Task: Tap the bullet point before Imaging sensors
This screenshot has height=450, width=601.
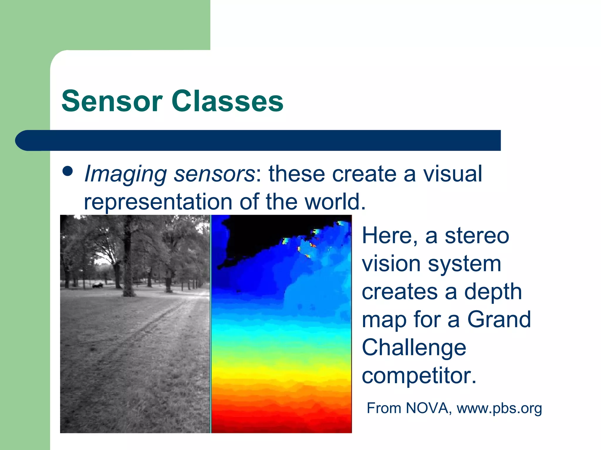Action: [67, 171]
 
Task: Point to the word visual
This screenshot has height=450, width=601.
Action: [452, 174]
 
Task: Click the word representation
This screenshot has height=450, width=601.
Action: [158, 202]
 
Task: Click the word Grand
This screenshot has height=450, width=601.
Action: [499, 319]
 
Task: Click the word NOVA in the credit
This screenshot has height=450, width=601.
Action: [427, 408]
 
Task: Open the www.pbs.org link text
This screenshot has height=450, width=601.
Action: [499, 408]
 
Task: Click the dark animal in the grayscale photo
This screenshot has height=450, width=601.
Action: [98, 285]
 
